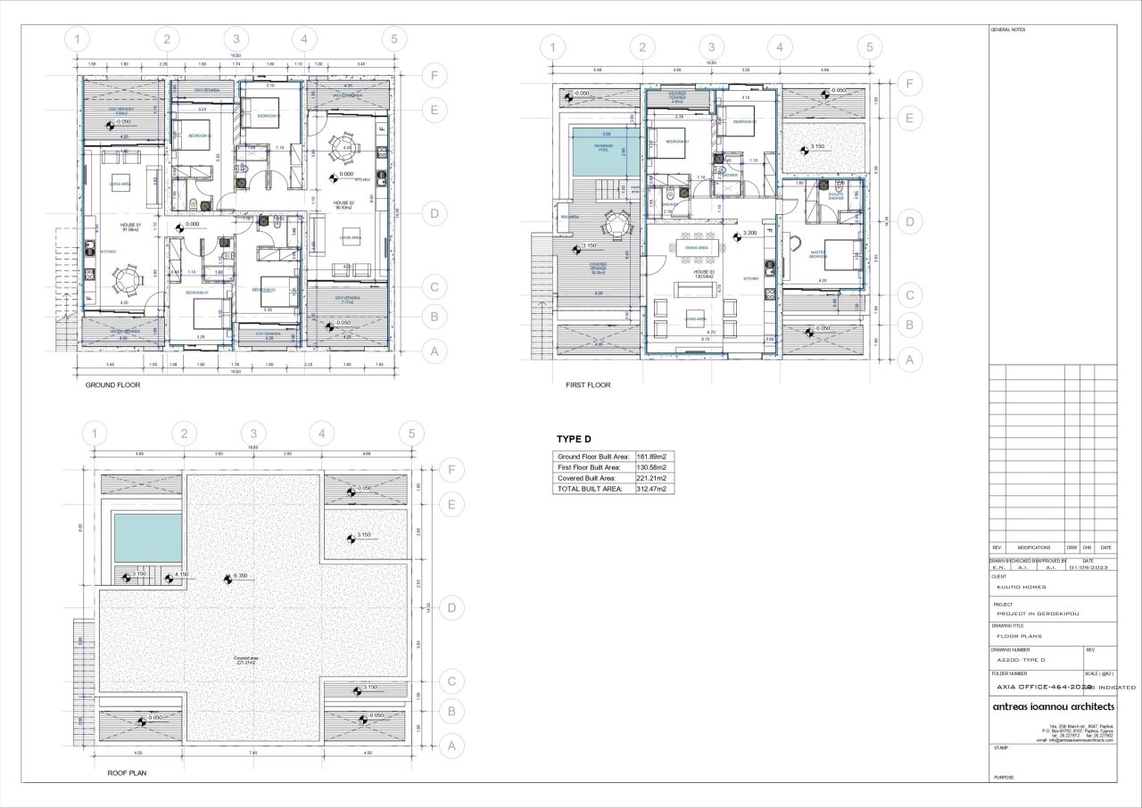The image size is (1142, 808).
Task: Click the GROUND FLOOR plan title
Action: coord(112,385)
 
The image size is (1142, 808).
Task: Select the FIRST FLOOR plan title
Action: coord(588,385)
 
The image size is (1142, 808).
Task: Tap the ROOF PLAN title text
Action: coord(127,773)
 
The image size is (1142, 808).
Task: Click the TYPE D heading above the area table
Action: coord(574,440)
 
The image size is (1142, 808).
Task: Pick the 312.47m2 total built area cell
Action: coord(651,489)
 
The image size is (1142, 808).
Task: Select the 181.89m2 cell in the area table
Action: coord(651,457)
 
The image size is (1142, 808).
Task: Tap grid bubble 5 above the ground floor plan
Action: coord(392,39)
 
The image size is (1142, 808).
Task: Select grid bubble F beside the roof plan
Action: coord(452,470)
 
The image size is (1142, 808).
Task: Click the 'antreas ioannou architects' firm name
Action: coord(1053,706)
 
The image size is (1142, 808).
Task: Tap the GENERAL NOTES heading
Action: coord(1008,29)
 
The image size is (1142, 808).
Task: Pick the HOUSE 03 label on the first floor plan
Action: coord(704,271)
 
